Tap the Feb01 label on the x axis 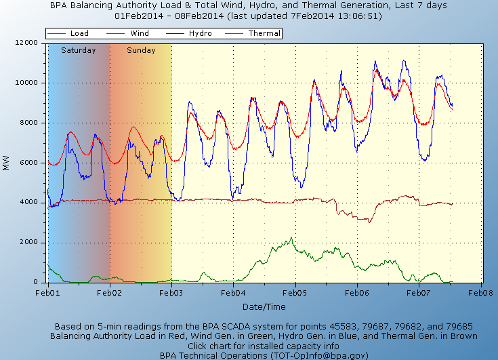48,293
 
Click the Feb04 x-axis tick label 233,293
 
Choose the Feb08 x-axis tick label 480,293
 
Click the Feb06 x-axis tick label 356,293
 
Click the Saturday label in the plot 79,50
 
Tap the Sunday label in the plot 141,50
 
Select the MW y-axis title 7,163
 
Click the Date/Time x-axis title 265,307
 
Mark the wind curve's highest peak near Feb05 291,239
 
